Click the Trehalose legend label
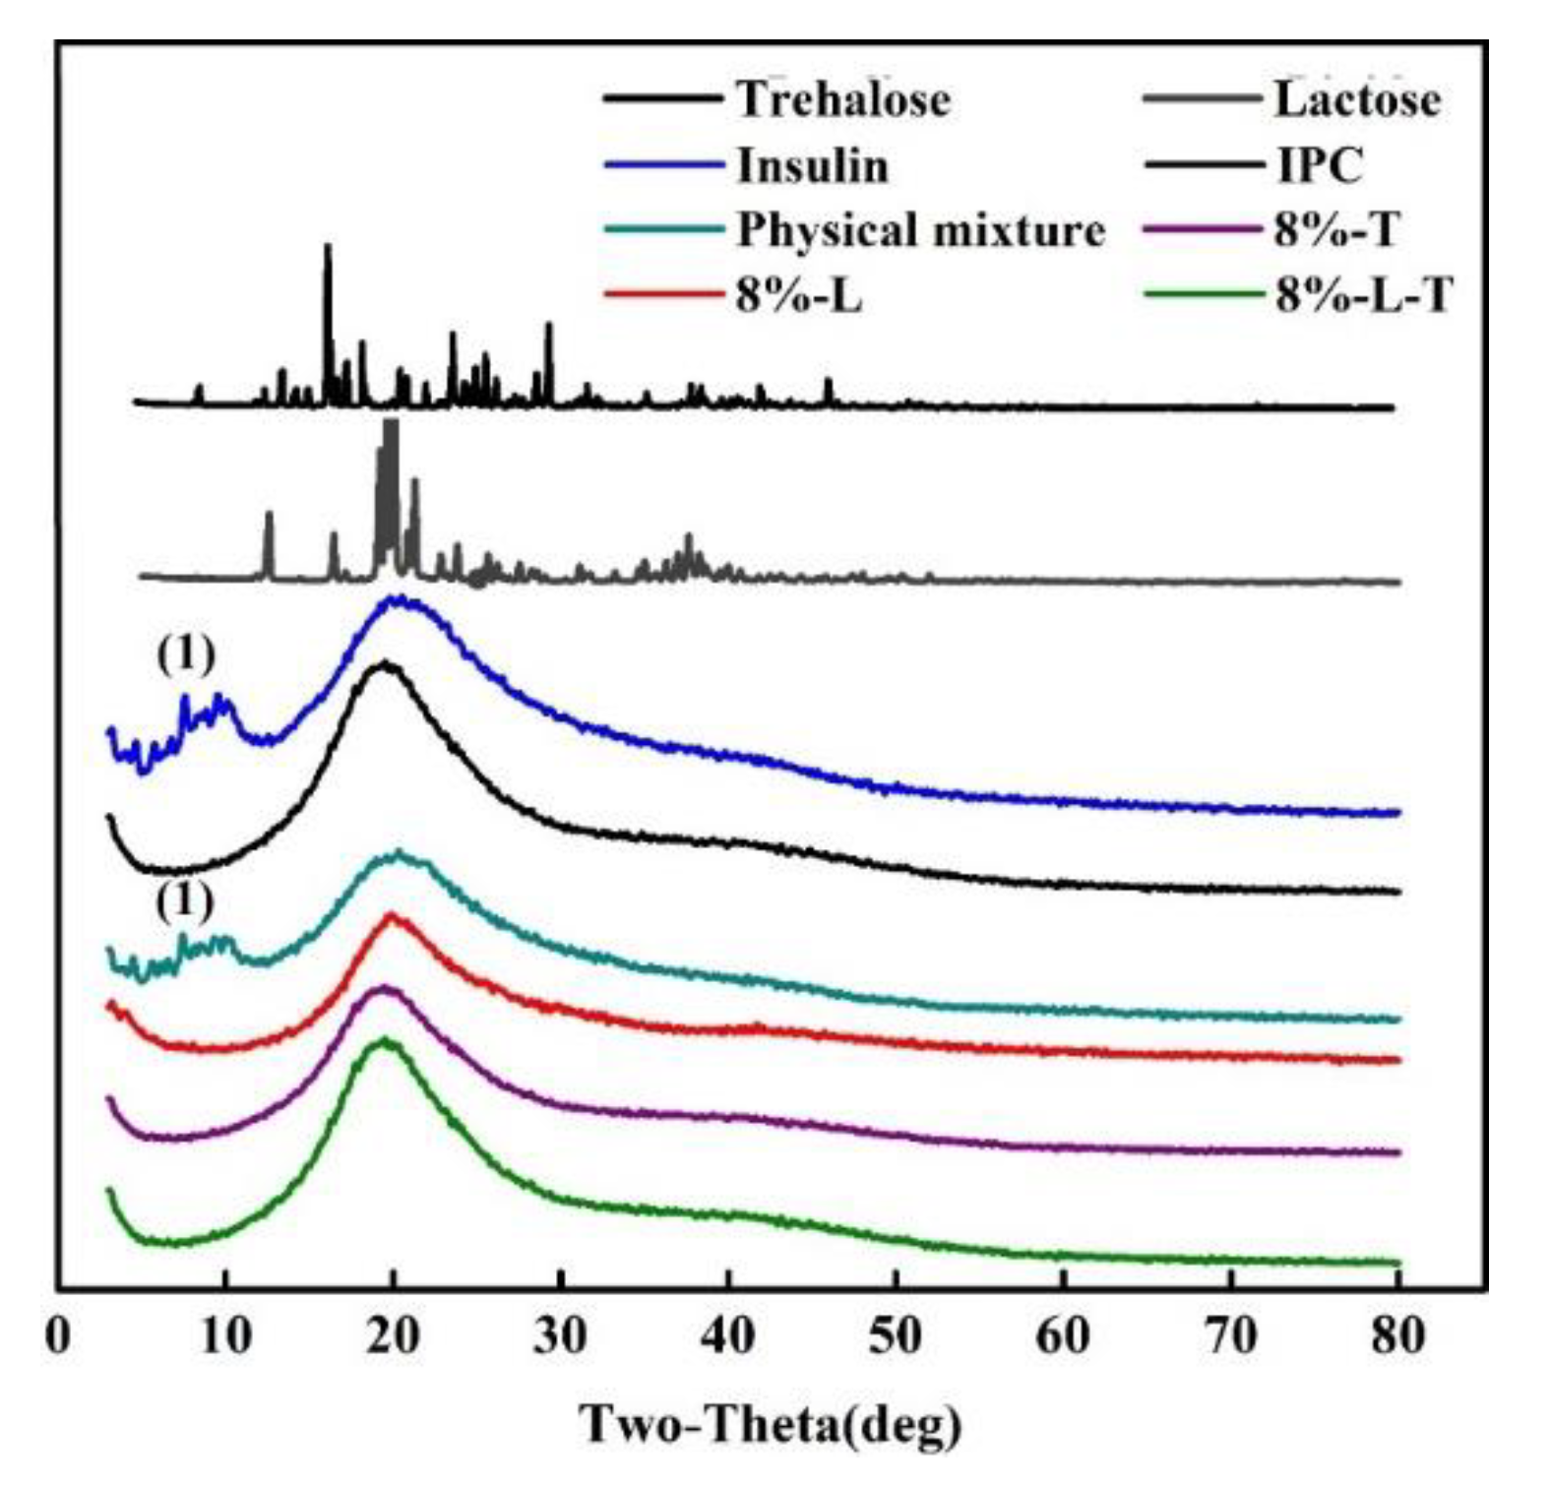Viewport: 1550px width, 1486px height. [x=843, y=99]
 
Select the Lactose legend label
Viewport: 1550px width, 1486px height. [x=1357, y=99]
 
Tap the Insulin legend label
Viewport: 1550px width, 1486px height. [x=812, y=165]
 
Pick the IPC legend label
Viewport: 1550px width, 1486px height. [x=1319, y=165]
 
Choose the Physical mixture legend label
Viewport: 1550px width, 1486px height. [x=921, y=230]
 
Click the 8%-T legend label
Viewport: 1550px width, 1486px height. [x=1335, y=230]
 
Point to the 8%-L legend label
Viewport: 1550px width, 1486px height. [x=798, y=294]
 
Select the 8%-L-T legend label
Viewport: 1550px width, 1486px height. [x=1363, y=294]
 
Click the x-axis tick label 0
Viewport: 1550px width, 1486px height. [x=59, y=1336]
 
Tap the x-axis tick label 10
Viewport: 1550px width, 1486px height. [x=225, y=1336]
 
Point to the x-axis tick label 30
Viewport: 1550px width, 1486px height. [x=561, y=1336]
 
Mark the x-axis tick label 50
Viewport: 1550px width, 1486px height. [x=896, y=1336]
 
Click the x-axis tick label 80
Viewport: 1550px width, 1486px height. [x=1397, y=1336]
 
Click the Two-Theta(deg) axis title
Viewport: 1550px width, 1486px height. [x=772, y=1424]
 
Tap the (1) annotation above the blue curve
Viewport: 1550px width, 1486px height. [x=185, y=655]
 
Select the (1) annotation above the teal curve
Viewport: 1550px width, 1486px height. [x=185, y=901]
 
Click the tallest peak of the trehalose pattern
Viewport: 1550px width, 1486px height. [x=328, y=246]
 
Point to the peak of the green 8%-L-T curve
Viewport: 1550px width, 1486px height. [x=386, y=1039]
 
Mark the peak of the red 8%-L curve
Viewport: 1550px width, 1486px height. [x=391, y=915]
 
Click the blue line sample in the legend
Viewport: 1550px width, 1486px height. [x=662, y=165]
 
